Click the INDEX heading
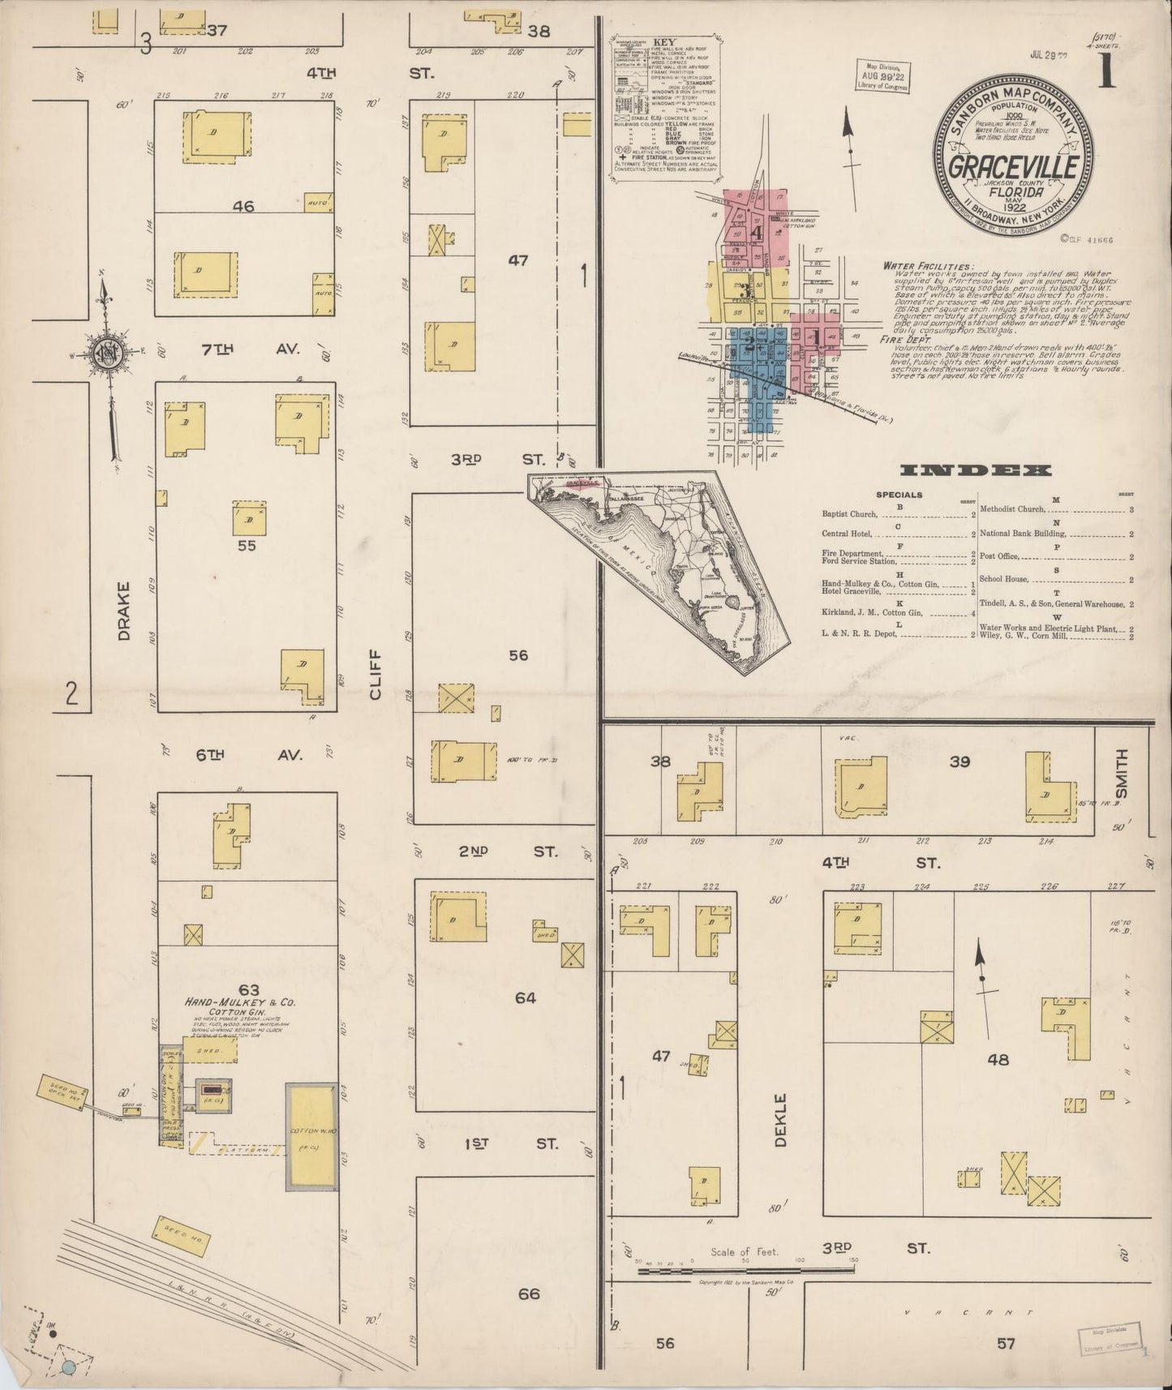pyautogui.click(x=977, y=470)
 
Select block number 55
pyautogui.click(x=247, y=546)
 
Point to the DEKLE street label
pyautogui.click(x=780, y=1119)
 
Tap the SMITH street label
pyautogui.click(x=1122, y=773)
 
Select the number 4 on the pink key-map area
pyautogui.click(x=756, y=232)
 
